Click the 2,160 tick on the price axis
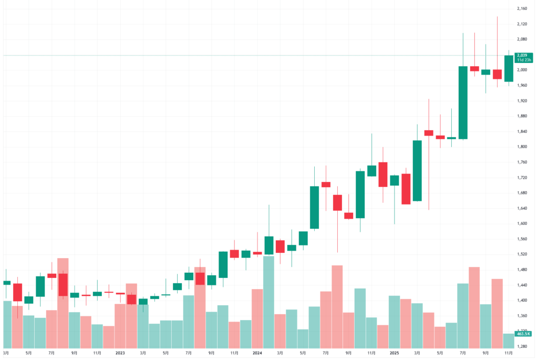pos(522,9)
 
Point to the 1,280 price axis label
pos(522,346)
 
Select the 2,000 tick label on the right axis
pos(522,70)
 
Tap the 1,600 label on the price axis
pos(522,223)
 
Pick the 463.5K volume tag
pos(523,334)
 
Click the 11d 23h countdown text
pos(523,60)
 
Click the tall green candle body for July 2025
pos(463,102)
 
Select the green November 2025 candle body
pos(509,68)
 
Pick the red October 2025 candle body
pos(497,74)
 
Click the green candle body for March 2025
pos(417,170)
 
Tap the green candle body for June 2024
pos(315,208)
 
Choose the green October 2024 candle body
pos(360,194)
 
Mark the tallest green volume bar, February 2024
pos(268,302)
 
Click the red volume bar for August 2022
pos(63,303)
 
